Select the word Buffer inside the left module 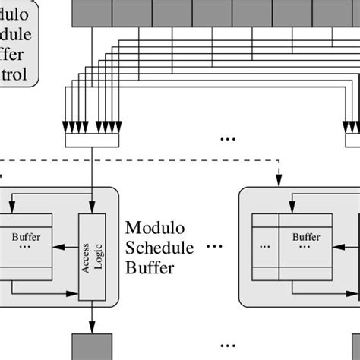point(27,236)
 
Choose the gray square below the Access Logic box point(92,346)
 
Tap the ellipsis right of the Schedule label point(215,248)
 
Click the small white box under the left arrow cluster point(92,141)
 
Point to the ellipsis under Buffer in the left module point(27,248)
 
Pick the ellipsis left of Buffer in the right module point(264,247)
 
